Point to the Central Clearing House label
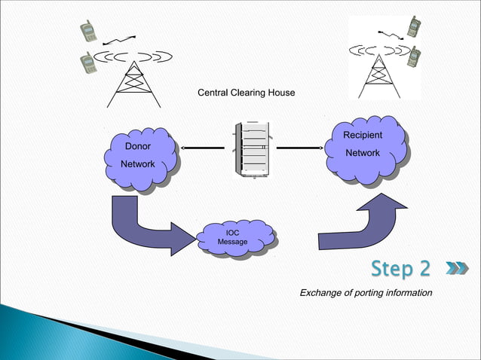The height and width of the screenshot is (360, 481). pos(246,93)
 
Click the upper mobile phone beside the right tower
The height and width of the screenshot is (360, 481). pos(413,26)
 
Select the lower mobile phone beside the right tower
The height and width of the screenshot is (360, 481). pos(413,56)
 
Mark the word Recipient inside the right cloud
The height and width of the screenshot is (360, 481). pos(363,136)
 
